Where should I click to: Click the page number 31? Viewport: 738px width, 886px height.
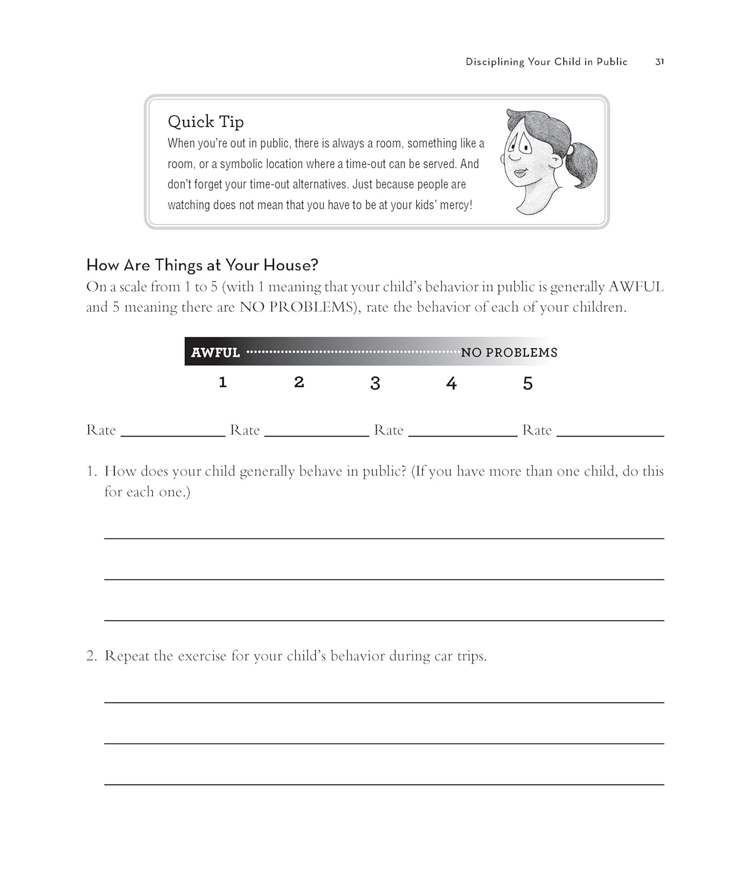tap(659, 61)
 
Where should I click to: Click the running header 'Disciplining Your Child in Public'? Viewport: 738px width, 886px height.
tap(546, 61)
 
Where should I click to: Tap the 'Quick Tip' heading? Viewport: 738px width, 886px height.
tap(205, 122)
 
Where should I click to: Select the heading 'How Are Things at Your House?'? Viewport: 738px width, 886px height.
tap(202, 265)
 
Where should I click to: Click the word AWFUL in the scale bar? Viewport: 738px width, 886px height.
tap(215, 353)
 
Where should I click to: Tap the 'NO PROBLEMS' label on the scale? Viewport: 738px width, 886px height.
tap(509, 353)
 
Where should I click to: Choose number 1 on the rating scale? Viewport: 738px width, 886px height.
tap(223, 383)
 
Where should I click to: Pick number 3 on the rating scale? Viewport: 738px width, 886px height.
tap(375, 383)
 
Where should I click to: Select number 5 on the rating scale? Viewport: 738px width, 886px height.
tap(528, 383)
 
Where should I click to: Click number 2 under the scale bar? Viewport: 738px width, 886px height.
tap(299, 383)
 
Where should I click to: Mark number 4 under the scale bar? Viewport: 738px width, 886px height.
tap(451, 383)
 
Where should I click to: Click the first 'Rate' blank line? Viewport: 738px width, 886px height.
tap(172, 434)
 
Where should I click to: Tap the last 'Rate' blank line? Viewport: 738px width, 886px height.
tap(610, 434)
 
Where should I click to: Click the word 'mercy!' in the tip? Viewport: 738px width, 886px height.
tap(456, 205)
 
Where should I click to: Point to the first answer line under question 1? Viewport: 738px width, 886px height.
tap(384, 537)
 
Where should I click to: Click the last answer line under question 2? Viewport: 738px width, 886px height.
tap(384, 783)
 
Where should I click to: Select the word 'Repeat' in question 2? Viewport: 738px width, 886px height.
tap(127, 656)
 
